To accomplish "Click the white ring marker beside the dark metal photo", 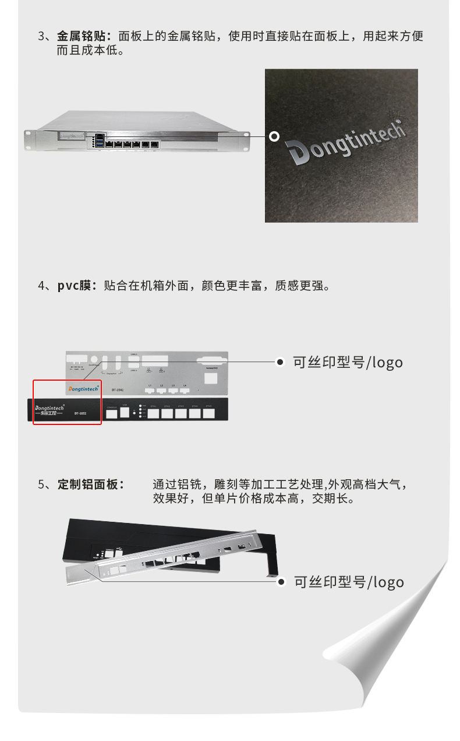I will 274,136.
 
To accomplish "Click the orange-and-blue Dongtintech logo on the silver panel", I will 83,388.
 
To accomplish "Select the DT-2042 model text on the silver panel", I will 116,389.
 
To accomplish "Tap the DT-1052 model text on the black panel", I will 81,413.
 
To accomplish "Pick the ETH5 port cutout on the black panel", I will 208,413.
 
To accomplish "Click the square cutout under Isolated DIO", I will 212,378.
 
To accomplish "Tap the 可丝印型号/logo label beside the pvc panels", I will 348,362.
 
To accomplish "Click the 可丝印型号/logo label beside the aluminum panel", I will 348,582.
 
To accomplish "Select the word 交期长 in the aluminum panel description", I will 332,499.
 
